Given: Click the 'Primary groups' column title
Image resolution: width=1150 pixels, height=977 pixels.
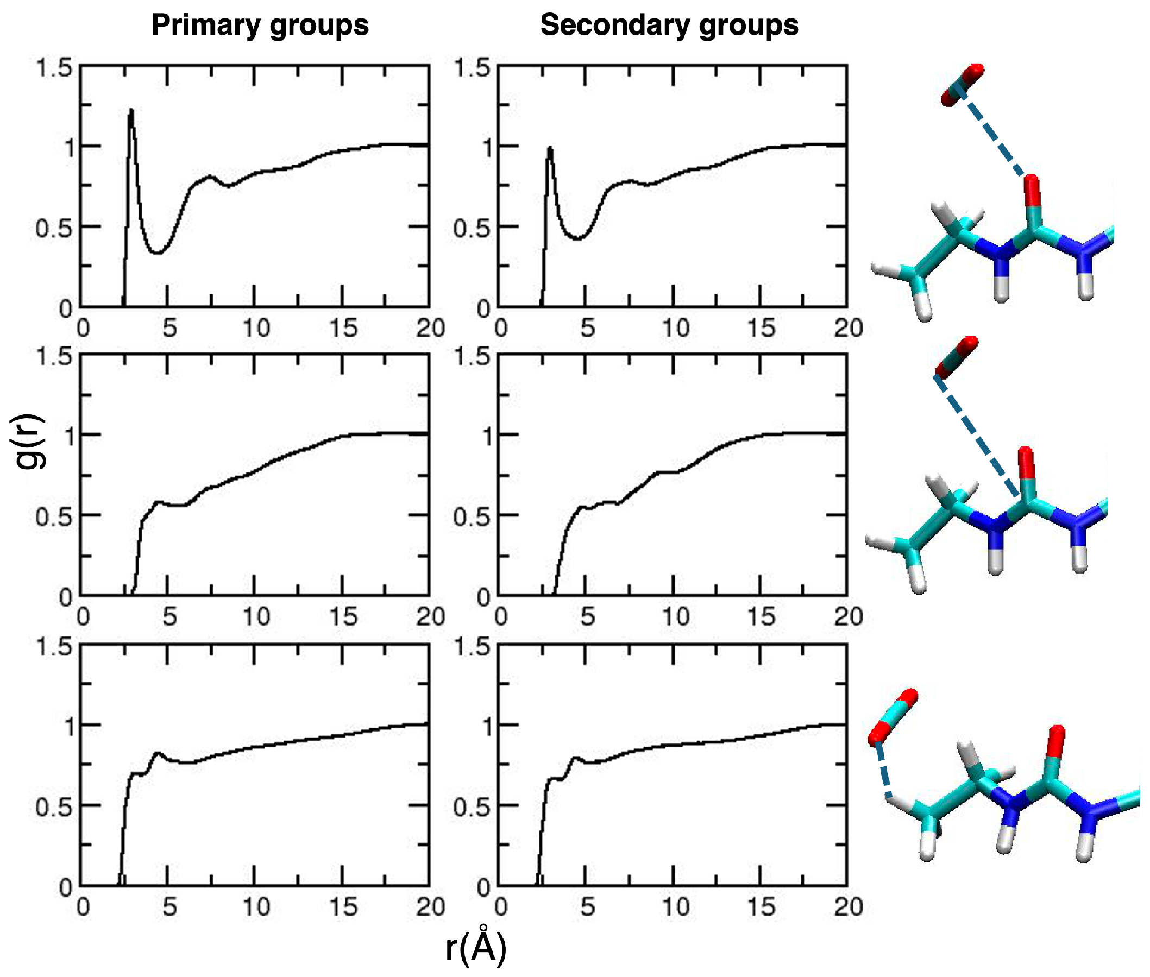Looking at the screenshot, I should (x=260, y=26).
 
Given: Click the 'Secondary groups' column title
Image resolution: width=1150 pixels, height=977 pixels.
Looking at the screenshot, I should (x=669, y=26).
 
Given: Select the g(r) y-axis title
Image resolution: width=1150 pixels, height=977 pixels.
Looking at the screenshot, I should (x=29, y=442).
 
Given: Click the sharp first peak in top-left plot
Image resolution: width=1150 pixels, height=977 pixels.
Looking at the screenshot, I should (x=131, y=111).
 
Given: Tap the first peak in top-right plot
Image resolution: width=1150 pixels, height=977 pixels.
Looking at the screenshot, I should (x=550, y=148).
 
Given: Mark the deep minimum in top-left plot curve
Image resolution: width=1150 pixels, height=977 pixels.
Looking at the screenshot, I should (x=158, y=253).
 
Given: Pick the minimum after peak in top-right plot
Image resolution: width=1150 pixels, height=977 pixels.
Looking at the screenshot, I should (x=577, y=238).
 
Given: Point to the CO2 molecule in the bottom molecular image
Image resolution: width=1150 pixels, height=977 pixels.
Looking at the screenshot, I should (x=892, y=717).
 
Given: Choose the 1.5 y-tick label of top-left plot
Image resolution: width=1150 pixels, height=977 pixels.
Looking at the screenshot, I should (x=54, y=68).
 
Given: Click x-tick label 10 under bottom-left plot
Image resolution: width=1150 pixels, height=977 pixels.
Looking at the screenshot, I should (x=256, y=907).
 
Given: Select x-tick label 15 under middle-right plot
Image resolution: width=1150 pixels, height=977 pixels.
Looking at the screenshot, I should (x=761, y=616).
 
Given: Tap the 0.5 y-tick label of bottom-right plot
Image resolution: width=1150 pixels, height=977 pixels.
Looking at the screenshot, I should (x=472, y=807).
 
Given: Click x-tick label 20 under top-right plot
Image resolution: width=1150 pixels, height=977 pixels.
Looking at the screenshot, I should (x=848, y=329).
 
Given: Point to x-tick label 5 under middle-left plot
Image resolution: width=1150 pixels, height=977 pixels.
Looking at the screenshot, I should (x=169, y=616).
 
